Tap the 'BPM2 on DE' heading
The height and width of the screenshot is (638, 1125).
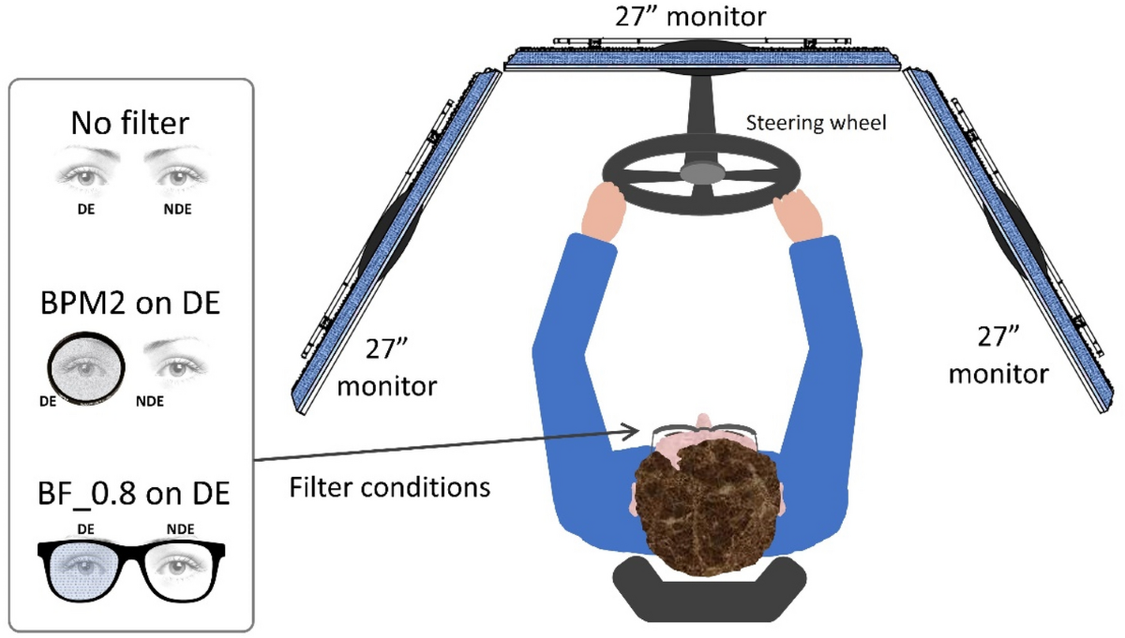pyautogui.click(x=130, y=305)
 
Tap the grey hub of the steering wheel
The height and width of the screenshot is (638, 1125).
pyautogui.click(x=702, y=171)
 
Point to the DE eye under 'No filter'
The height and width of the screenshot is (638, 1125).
pyautogui.click(x=82, y=174)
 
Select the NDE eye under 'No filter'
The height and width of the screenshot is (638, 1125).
pyautogui.click(x=177, y=174)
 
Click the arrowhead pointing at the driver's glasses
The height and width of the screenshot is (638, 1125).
pyautogui.click(x=630, y=432)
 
